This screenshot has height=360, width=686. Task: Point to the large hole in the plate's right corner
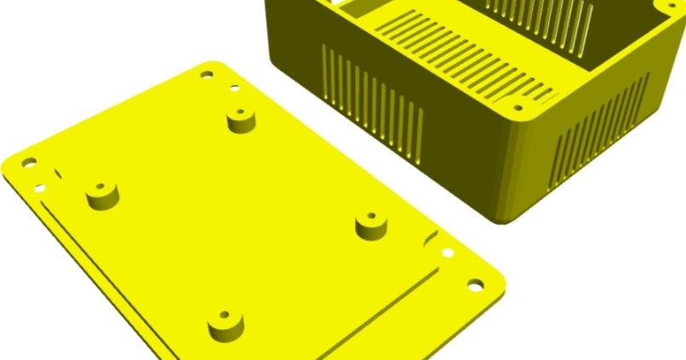click(473, 286)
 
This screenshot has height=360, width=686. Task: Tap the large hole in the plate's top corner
click(207, 75)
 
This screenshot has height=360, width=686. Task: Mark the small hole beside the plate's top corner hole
click(233, 88)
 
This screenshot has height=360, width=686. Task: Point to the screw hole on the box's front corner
click(517, 106)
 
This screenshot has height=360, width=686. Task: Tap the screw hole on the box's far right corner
click(666, 13)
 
